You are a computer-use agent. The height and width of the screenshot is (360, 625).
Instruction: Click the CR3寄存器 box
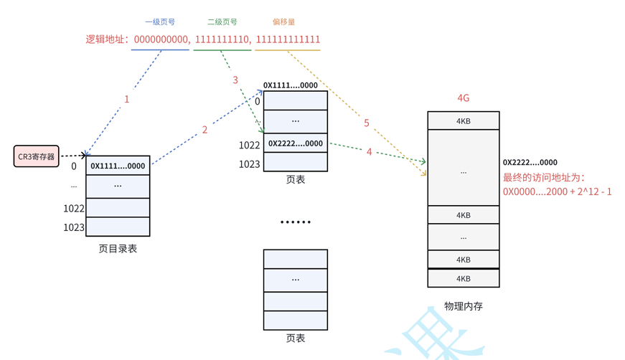coord(36,156)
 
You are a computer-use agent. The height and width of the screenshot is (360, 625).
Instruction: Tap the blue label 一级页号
coord(160,22)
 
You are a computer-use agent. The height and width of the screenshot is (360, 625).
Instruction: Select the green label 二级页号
coord(222,22)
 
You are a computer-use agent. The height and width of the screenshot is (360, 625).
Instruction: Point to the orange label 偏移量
coord(284,22)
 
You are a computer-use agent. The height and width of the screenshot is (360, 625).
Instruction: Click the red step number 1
coord(127,99)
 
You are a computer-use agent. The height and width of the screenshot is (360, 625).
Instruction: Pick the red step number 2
coord(205,130)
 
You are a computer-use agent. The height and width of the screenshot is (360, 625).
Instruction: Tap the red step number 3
coord(235,80)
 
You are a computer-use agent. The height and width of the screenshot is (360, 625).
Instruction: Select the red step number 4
coord(370,152)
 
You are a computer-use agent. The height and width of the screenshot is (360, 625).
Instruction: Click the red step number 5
coord(367,123)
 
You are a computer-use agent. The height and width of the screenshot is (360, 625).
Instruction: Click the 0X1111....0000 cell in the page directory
coord(118,166)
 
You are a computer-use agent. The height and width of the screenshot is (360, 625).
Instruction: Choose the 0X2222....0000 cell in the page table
coord(296,143)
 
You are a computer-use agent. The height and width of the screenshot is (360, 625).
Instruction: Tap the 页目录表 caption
coord(118,249)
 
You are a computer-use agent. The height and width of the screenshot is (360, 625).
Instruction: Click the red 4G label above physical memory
coord(464,98)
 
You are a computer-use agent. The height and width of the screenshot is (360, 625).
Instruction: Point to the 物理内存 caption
coord(464,306)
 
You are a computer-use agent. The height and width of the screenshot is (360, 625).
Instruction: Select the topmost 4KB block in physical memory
coord(464,121)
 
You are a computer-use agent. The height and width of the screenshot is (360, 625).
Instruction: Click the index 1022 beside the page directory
coord(74,209)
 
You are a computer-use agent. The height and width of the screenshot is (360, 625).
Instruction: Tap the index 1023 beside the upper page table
coord(249,164)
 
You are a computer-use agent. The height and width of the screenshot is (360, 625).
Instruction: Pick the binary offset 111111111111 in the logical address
coord(288,39)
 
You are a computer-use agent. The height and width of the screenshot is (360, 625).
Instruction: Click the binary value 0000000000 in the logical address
coord(161,39)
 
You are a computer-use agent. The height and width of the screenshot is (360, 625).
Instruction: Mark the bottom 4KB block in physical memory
coord(464,278)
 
